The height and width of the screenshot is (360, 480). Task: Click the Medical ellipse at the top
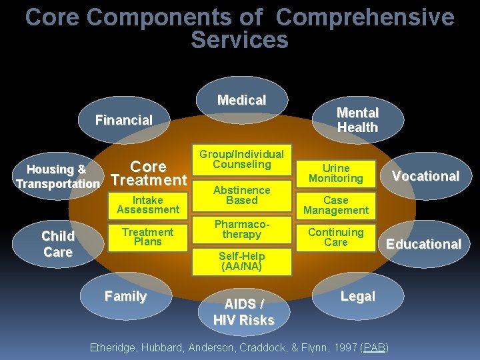pos(241,101)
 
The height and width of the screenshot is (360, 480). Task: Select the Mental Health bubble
pos(357,120)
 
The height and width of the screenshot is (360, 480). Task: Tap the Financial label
pos(124,121)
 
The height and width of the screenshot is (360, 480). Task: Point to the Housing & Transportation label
pos(57,177)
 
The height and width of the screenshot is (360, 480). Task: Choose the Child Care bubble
pos(58,244)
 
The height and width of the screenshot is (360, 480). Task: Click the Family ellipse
pos(125,297)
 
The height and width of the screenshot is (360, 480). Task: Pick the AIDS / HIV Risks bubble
pos(243,312)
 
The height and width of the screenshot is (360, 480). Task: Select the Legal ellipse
pos(358,297)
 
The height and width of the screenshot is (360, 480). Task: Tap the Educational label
pos(424,244)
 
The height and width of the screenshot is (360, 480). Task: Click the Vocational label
pos(425,176)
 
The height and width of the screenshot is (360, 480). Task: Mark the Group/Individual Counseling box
pos(241,159)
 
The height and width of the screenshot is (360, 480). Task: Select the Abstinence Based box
pos(241,195)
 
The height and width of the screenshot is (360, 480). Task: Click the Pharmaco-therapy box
pos(241,230)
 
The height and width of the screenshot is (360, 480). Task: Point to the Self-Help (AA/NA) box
pos(241,261)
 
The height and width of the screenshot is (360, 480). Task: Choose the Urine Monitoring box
pos(336,173)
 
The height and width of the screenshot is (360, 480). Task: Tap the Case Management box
pos(336,205)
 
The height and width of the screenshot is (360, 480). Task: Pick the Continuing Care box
pos(336,237)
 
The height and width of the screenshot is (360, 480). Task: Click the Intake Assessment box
pos(148,205)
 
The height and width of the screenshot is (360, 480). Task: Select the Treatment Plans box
pos(148,237)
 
